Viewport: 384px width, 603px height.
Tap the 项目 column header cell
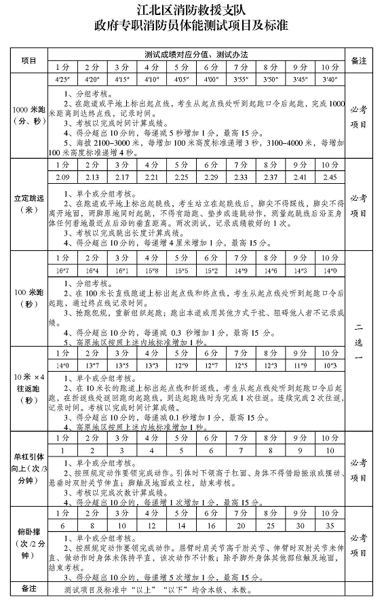coord(28,60)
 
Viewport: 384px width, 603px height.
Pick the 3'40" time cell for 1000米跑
coord(329,79)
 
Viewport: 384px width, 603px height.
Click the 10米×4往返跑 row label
coord(28,387)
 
